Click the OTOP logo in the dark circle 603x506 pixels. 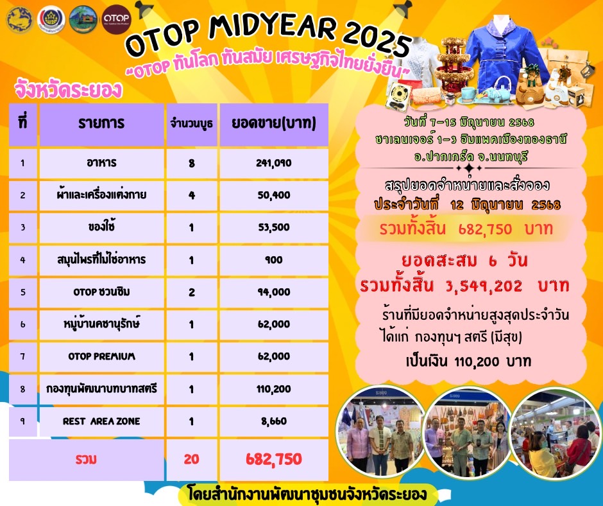click(117, 19)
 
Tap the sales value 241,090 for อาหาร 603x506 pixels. click(273, 163)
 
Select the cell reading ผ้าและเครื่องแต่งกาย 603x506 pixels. click(102, 195)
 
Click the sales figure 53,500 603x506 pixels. click(273, 227)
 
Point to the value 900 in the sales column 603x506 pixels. click(273, 259)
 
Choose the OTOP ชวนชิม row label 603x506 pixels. click(102, 292)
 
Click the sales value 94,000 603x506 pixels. click(273, 292)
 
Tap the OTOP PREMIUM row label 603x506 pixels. click(102, 356)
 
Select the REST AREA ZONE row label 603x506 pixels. click(102, 421)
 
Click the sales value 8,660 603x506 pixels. click(273, 421)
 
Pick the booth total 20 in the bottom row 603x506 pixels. click(191, 459)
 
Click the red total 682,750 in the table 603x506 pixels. click(273, 459)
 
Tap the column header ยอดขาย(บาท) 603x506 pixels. click(273, 123)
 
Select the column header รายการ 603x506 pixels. click(102, 123)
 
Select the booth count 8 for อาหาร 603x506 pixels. click(191, 163)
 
